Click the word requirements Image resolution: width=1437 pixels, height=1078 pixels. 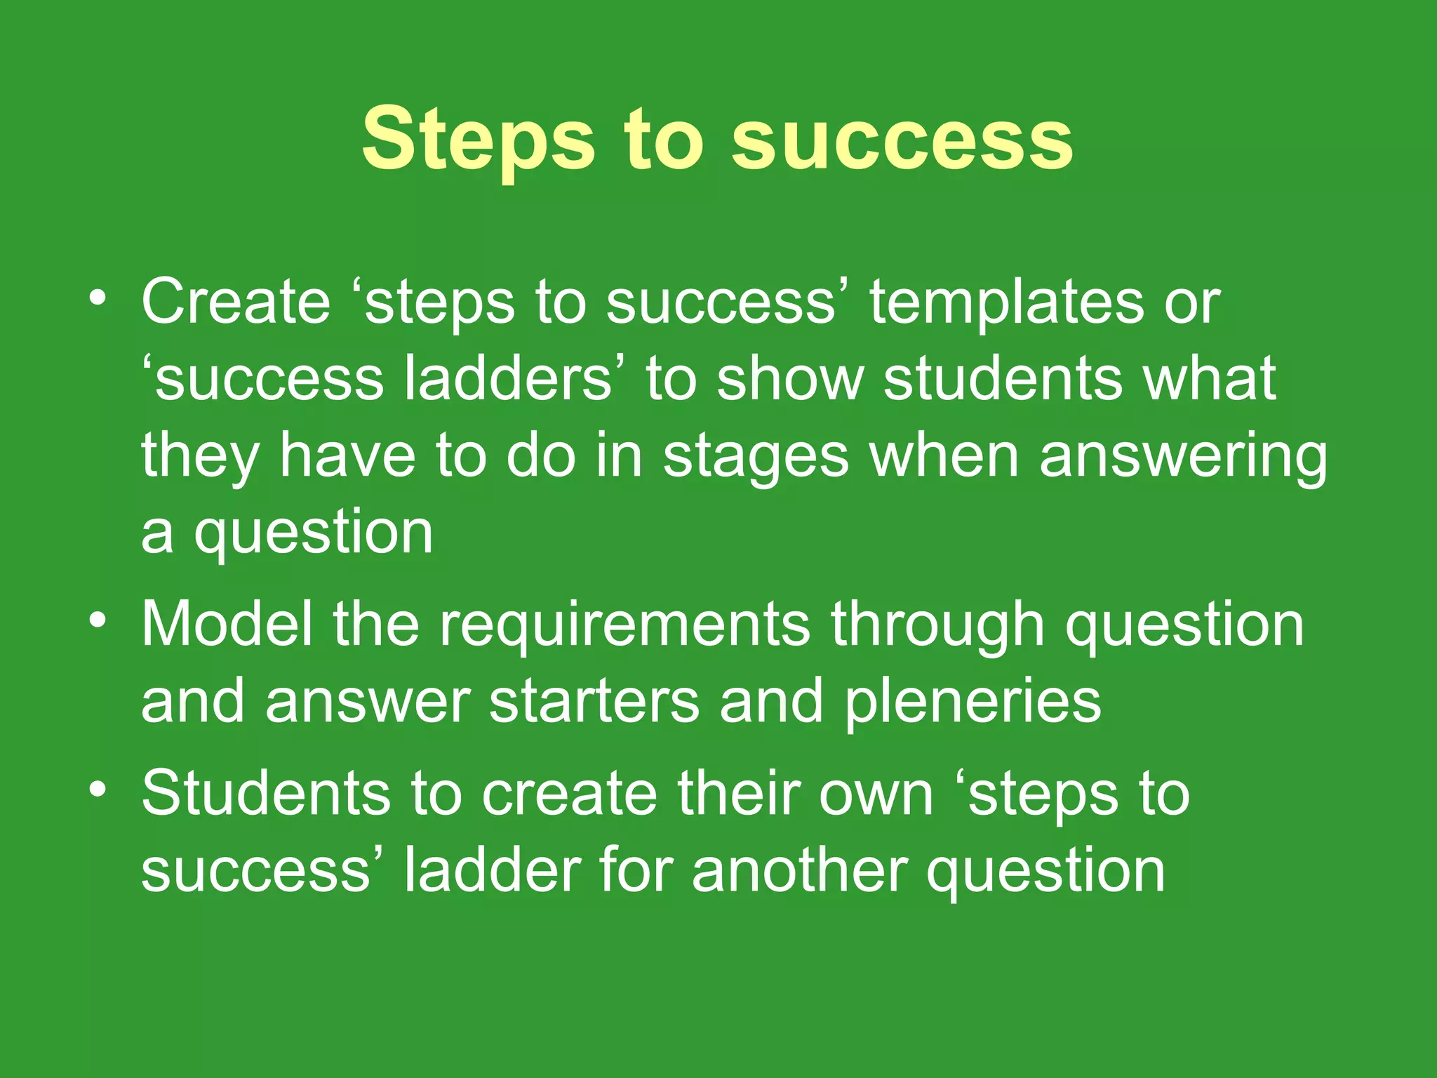pos(624,626)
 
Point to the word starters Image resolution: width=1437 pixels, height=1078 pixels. pos(594,701)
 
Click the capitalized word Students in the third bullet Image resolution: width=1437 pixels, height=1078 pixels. pos(266,793)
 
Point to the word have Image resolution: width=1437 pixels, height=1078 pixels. pos(348,456)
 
